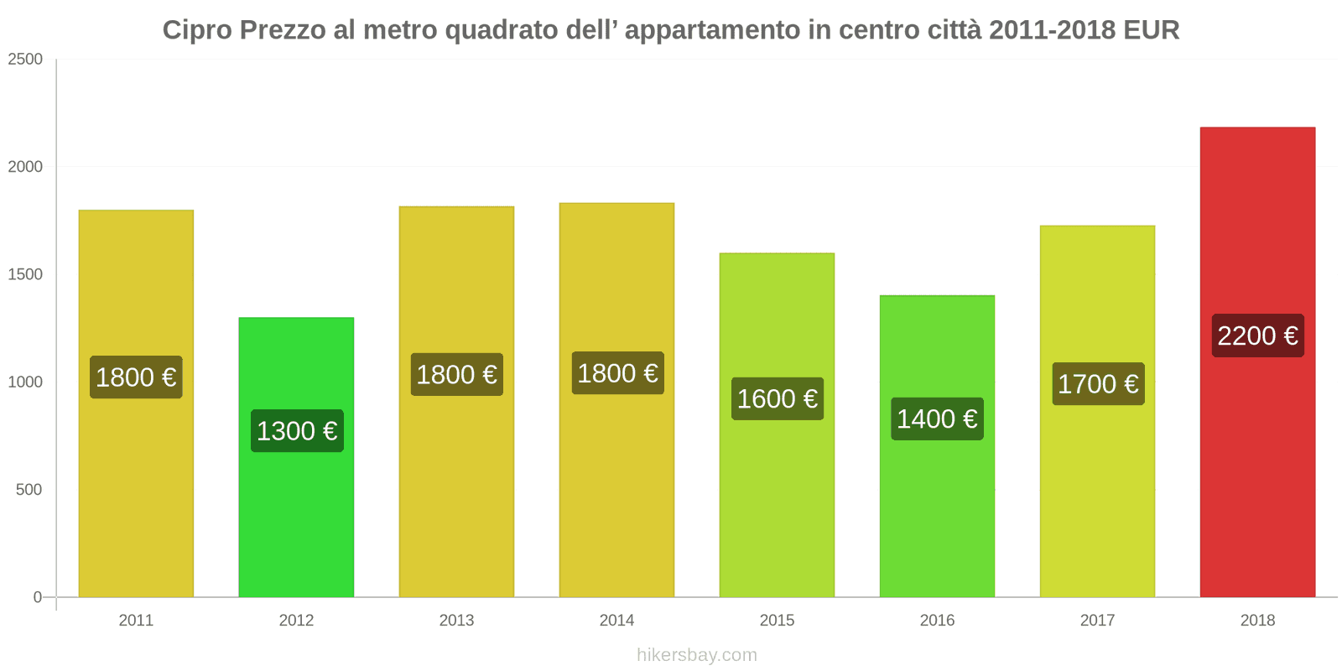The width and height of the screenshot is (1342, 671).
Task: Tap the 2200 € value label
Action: (1257, 335)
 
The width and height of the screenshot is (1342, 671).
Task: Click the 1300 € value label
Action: (297, 431)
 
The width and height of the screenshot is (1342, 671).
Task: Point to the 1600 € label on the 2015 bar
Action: (778, 398)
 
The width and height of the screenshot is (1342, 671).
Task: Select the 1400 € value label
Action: (937, 419)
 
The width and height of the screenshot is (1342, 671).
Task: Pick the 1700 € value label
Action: (1098, 384)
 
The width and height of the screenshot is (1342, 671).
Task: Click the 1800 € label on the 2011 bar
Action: (136, 377)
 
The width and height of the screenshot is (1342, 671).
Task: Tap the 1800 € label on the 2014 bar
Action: (617, 373)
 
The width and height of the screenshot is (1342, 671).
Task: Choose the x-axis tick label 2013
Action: (456, 621)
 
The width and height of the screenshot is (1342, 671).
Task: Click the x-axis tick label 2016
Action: (937, 621)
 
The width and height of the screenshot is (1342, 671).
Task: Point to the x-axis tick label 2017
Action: (1097, 621)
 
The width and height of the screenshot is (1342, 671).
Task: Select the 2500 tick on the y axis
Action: (25, 60)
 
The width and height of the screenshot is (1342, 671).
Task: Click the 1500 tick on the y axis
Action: (25, 274)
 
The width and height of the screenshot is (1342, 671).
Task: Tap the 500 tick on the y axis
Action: (29, 490)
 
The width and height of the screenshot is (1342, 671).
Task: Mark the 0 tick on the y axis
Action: (37, 597)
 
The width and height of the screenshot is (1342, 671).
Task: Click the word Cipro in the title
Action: (197, 30)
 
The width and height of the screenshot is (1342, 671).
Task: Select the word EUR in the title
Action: (1151, 30)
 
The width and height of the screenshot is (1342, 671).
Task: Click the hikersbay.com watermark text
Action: (696, 655)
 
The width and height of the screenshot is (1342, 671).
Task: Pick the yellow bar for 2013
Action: (456, 503)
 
